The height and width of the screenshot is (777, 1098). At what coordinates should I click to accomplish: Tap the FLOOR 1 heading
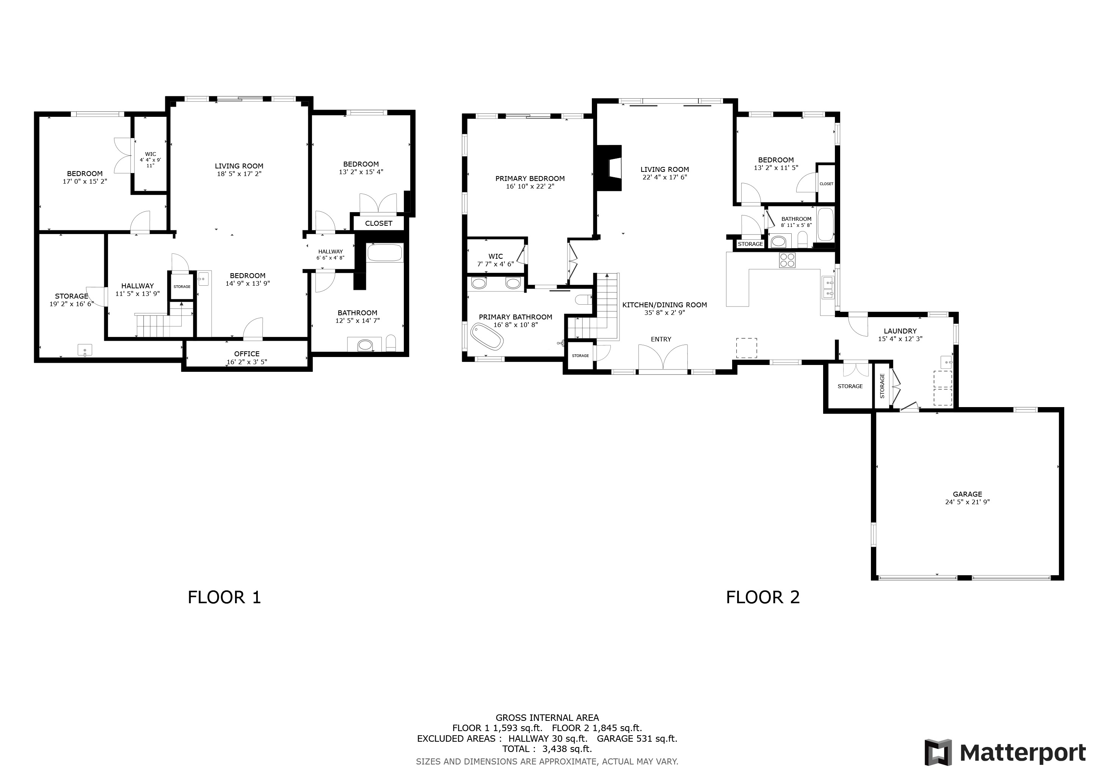click(x=224, y=598)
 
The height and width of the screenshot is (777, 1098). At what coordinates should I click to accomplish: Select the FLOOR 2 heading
click(x=763, y=598)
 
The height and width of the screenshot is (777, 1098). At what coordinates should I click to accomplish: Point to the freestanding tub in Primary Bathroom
click(x=487, y=336)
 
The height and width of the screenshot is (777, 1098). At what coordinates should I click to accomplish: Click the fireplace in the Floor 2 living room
click(x=608, y=168)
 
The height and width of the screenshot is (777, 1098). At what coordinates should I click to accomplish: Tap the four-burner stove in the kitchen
click(x=787, y=260)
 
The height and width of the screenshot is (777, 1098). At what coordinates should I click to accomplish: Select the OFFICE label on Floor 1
click(x=247, y=354)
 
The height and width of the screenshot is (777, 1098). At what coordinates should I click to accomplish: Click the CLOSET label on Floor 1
click(x=379, y=223)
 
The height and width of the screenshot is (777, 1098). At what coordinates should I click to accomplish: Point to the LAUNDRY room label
click(x=900, y=331)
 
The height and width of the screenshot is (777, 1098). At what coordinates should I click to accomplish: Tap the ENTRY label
click(x=661, y=339)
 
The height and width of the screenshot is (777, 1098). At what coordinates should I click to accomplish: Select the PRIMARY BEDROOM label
click(x=530, y=178)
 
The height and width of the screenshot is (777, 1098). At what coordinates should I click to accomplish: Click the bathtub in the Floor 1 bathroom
click(x=385, y=253)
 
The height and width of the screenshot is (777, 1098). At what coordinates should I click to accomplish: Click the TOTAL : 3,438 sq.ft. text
click(x=547, y=749)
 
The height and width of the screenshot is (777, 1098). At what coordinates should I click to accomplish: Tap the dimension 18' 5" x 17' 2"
click(x=239, y=174)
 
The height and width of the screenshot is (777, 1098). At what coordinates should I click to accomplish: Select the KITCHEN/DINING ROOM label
click(x=664, y=305)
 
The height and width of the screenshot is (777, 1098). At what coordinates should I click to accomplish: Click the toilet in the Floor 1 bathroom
click(x=391, y=343)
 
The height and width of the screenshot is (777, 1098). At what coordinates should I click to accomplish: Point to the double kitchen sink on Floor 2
click(x=828, y=288)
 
